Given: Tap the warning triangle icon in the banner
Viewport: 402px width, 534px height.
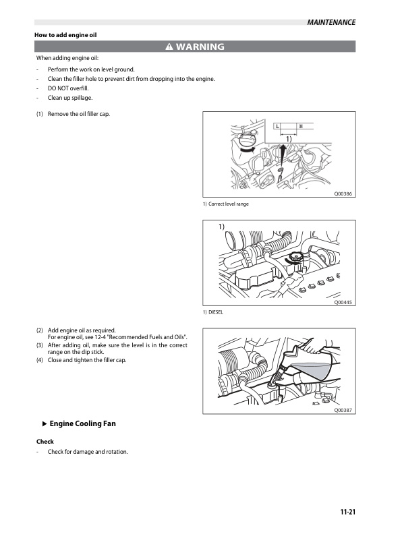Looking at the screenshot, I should coord(169,47).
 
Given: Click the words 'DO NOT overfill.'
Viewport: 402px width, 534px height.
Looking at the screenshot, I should coord(68,88).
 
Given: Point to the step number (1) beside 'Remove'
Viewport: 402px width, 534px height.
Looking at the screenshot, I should coord(40,113).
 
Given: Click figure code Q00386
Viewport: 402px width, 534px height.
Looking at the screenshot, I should coord(343,194).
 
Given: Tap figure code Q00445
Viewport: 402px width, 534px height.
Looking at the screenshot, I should coord(343,303).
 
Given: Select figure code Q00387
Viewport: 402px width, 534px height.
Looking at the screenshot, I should coord(343,410).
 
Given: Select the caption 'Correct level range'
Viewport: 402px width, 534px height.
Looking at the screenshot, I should coord(229,204).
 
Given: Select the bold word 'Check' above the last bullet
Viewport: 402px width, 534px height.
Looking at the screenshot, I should coord(45,441).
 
